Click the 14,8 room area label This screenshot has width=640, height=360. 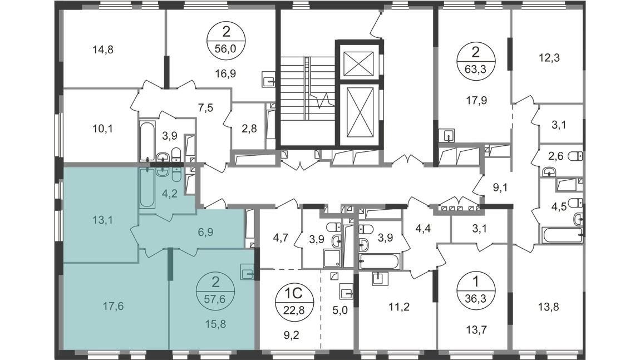103,50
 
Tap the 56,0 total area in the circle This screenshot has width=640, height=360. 226,49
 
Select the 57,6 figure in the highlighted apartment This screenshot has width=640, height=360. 215,299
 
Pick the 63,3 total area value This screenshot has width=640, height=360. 475,69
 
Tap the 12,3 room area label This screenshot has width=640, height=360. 549,57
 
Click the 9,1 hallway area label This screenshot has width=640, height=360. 500,188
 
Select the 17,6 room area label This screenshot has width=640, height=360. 113,306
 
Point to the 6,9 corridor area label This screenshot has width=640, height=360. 205,232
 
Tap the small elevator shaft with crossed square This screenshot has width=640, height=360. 358,63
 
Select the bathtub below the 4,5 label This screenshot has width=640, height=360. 562,235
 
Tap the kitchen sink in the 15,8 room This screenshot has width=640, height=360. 247,272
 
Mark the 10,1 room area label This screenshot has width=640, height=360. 103,129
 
